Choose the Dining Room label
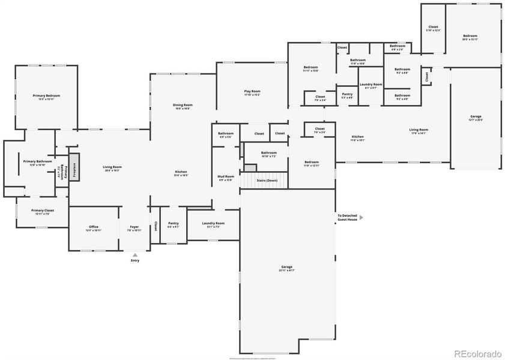(183, 106)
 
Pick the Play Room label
(252, 93)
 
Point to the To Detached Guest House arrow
(361, 217)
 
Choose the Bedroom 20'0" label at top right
(470, 37)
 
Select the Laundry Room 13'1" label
(213, 224)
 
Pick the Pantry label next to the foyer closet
(174, 224)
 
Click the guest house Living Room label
(419, 131)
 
